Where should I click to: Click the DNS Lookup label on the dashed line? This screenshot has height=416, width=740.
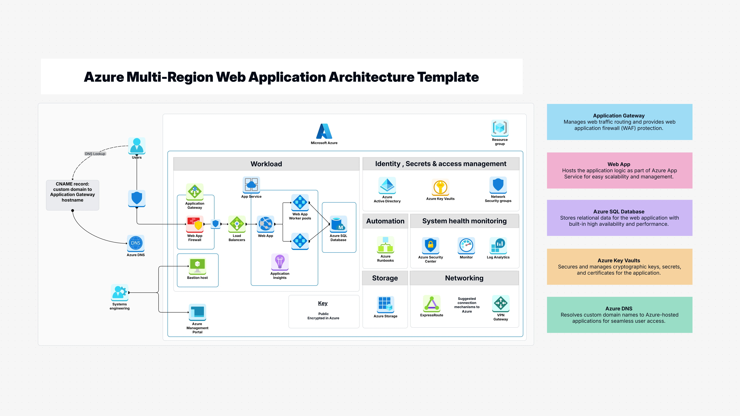click(95, 154)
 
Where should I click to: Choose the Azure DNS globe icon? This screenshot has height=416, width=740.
click(136, 243)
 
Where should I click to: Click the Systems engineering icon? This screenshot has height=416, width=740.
click(120, 293)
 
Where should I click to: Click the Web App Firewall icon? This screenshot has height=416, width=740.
click(195, 224)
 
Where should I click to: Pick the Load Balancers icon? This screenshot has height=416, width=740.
click(237, 224)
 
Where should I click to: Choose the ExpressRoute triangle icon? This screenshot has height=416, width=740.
click(431, 303)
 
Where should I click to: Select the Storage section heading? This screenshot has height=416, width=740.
click(385, 278)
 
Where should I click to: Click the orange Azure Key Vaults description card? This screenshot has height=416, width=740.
click(619, 267)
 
